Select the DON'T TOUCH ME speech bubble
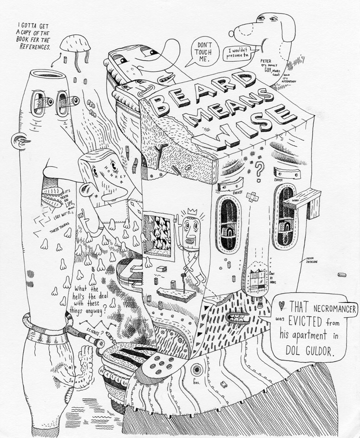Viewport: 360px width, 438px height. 203,52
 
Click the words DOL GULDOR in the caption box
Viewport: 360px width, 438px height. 307,352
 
